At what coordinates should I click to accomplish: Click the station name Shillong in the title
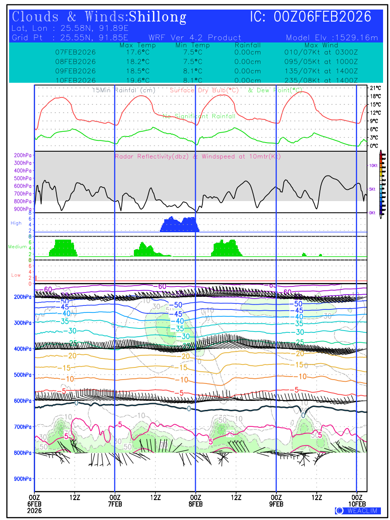pyautogui.click(x=158, y=17)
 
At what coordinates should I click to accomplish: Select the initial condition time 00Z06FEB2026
pyautogui.click(x=323, y=17)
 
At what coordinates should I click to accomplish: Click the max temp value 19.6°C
pyautogui.click(x=135, y=80)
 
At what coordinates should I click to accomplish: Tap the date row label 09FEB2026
pyautogui.click(x=75, y=71)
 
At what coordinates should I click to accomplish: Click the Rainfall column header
pyautogui.click(x=247, y=45)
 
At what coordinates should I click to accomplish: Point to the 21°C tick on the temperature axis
pyautogui.click(x=375, y=88)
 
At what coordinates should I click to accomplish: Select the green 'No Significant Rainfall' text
pyautogui.click(x=199, y=116)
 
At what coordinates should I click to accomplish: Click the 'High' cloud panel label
pyautogui.click(x=16, y=223)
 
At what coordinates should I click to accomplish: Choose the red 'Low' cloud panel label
pyautogui.click(x=16, y=275)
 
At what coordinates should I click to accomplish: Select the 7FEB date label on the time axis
pyautogui.click(x=115, y=504)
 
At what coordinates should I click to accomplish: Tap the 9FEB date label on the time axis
pyautogui.click(x=276, y=504)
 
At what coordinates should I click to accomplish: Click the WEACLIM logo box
pyautogui.click(x=358, y=510)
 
